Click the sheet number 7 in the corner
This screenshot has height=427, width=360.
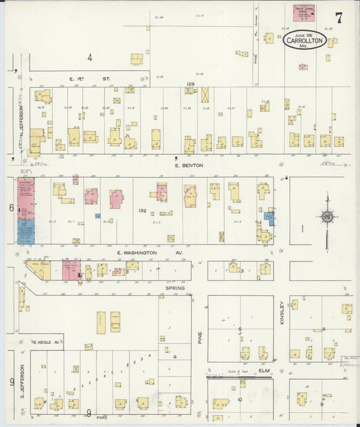coord(338,18)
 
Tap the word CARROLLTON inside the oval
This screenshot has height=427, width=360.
coord(304,41)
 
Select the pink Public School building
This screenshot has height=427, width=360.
coord(304,11)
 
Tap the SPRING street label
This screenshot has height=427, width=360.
coord(176,287)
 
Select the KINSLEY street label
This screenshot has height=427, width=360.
coord(282,313)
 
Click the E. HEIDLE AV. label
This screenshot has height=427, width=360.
coord(47,343)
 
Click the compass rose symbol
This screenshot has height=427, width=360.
coord(327,217)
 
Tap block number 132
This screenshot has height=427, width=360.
coord(143,211)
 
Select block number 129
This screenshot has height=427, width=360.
coord(190,84)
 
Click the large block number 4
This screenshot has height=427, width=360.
coord(88,57)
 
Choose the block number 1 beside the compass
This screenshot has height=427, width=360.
coord(302,229)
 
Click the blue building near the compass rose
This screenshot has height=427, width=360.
coord(269,218)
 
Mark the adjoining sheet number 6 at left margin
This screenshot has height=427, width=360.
coord(11,207)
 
